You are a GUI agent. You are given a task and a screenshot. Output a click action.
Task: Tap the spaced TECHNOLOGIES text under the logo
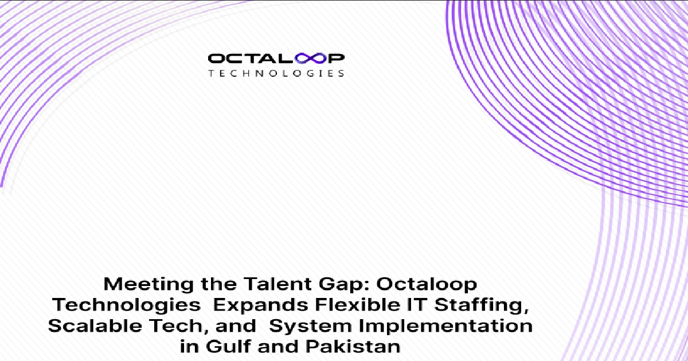click(x=276, y=73)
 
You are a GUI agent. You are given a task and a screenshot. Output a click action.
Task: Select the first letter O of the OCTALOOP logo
click(x=217, y=58)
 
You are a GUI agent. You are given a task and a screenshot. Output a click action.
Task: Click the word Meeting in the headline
click(x=148, y=284)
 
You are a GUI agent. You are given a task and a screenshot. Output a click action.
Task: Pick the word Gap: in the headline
click(x=343, y=285)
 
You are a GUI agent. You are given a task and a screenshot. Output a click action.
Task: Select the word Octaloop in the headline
click(x=427, y=285)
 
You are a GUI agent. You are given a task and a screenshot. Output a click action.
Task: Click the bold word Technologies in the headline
click(x=126, y=305)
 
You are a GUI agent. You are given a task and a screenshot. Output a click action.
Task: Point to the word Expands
click(x=261, y=305)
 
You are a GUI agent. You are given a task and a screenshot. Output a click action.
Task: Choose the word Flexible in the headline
click(x=358, y=304)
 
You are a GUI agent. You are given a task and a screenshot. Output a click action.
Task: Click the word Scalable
click(x=95, y=325)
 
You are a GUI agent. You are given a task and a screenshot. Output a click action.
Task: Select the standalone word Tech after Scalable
click(x=178, y=326)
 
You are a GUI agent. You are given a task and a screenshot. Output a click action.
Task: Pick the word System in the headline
click(x=310, y=326)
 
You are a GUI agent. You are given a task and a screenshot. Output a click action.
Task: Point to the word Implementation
click(x=445, y=326)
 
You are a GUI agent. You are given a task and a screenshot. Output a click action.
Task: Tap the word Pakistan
click(x=353, y=346)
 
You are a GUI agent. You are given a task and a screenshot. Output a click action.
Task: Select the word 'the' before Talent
click(x=218, y=284)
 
